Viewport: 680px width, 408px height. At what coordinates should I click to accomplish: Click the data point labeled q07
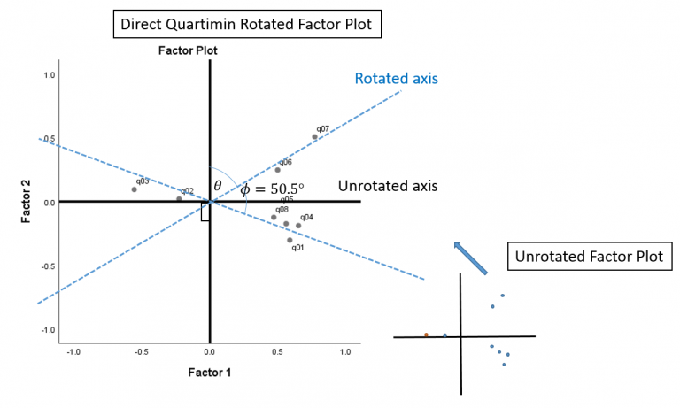[315, 136]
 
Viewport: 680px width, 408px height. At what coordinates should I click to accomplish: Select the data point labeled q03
[134, 189]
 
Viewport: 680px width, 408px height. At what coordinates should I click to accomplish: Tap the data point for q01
[290, 240]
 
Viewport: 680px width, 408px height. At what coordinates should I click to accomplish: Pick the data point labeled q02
[179, 199]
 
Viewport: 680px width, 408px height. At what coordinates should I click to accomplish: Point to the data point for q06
[277, 170]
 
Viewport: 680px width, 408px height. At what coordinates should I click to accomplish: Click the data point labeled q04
[298, 226]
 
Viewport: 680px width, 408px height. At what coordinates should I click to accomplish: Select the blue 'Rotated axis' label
[397, 79]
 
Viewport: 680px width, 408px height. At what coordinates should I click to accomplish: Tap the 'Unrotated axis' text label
[388, 187]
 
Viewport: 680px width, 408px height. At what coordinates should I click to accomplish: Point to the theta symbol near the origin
[218, 186]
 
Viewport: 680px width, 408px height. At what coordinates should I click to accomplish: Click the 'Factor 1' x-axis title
[209, 373]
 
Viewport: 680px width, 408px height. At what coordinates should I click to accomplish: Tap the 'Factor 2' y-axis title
[27, 202]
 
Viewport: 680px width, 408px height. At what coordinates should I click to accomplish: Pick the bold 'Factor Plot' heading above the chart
[188, 50]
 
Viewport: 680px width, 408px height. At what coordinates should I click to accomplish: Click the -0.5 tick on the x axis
[142, 351]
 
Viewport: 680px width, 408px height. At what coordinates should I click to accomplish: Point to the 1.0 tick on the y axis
[50, 76]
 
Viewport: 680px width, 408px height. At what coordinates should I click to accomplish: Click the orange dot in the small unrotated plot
[426, 335]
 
